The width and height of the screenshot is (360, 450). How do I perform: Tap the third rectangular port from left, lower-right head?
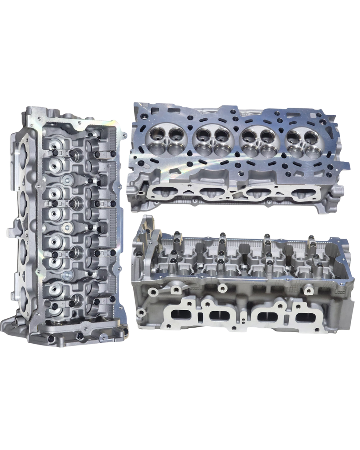coord(265,316)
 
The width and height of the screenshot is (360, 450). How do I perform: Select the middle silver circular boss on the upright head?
coord(67,227)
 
